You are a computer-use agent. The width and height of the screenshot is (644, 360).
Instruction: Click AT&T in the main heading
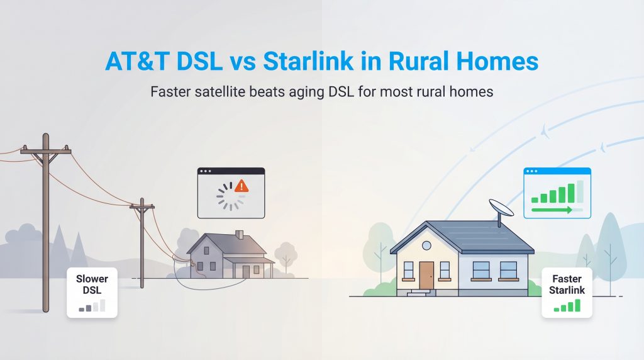pyautogui.click(x=135, y=63)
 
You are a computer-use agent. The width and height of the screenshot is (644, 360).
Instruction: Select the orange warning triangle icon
pyautogui.click(x=241, y=186)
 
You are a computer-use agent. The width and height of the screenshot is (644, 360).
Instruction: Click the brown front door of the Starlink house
pyautogui.click(x=426, y=275)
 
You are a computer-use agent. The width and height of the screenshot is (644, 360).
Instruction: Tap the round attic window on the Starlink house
pyautogui.click(x=426, y=245)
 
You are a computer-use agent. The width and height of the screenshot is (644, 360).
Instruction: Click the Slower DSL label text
pyautogui.click(x=92, y=284)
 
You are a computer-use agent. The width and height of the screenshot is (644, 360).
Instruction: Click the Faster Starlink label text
pyautogui.click(x=567, y=284)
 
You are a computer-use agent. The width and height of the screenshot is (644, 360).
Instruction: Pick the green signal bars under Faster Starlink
pyautogui.click(x=567, y=306)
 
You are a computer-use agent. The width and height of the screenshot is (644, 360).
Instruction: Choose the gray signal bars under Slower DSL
pyautogui.click(x=92, y=307)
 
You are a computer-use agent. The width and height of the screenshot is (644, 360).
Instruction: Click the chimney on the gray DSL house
pyautogui.click(x=239, y=235)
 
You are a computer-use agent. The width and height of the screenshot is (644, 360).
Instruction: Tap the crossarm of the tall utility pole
pyautogui.click(x=45, y=151)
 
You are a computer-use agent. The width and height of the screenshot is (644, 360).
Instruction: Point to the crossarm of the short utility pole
pyautogui.click(x=142, y=206)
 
